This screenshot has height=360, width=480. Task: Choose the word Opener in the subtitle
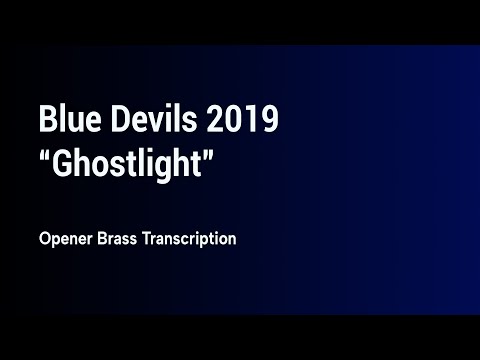click(65, 241)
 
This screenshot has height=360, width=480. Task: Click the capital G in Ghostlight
click(63, 163)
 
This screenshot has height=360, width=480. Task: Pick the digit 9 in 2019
click(266, 121)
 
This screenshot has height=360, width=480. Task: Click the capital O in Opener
click(45, 240)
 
